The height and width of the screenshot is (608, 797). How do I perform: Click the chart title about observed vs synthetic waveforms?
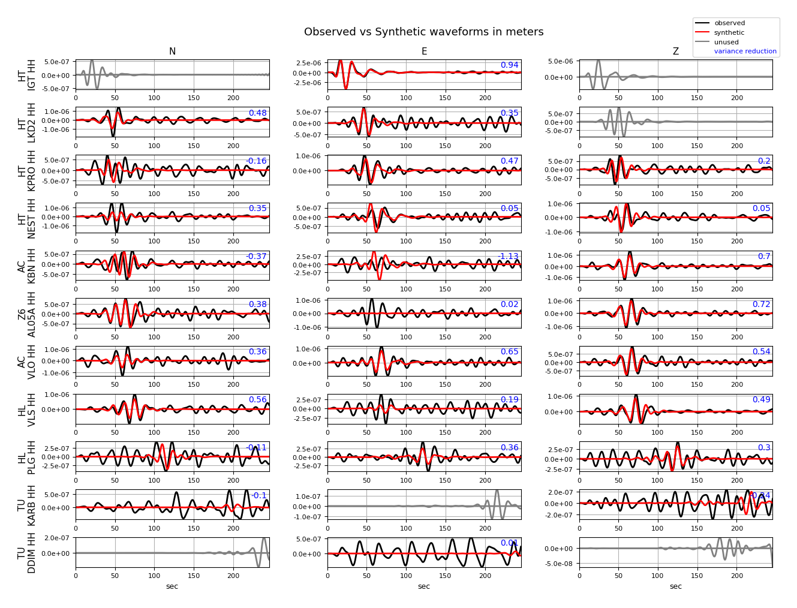click(x=423, y=32)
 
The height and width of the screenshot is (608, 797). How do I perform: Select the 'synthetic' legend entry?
click(x=729, y=33)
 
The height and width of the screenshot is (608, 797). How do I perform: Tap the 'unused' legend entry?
click(x=726, y=43)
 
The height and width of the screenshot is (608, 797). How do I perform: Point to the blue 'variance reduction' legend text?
click(x=745, y=52)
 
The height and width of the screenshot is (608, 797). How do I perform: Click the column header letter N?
click(x=172, y=52)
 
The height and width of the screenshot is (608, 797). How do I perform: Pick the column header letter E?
click(x=424, y=52)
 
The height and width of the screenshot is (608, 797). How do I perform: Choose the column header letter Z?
click(x=676, y=52)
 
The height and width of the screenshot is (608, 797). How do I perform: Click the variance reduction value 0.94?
click(x=509, y=65)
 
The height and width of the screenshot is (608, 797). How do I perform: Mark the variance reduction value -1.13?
click(x=508, y=257)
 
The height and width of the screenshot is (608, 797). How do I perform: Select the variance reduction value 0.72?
click(x=761, y=305)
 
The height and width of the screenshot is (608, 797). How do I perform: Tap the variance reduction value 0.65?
click(x=509, y=352)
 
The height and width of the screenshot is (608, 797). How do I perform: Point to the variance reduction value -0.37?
click(x=256, y=257)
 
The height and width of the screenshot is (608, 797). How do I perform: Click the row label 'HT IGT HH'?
click(x=27, y=75)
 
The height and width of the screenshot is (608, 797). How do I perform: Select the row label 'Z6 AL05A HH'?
click(x=27, y=314)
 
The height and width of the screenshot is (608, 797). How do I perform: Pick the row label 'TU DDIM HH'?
click(x=27, y=552)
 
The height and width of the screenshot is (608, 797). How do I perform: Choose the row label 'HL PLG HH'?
click(x=27, y=457)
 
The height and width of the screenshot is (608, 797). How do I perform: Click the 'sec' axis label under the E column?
click(x=424, y=586)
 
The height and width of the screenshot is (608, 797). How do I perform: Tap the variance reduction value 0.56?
click(x=257, y=400)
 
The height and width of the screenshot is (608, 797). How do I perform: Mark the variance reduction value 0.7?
click(x=764, y=257)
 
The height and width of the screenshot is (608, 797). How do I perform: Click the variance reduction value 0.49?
click(x=761, y=400)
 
